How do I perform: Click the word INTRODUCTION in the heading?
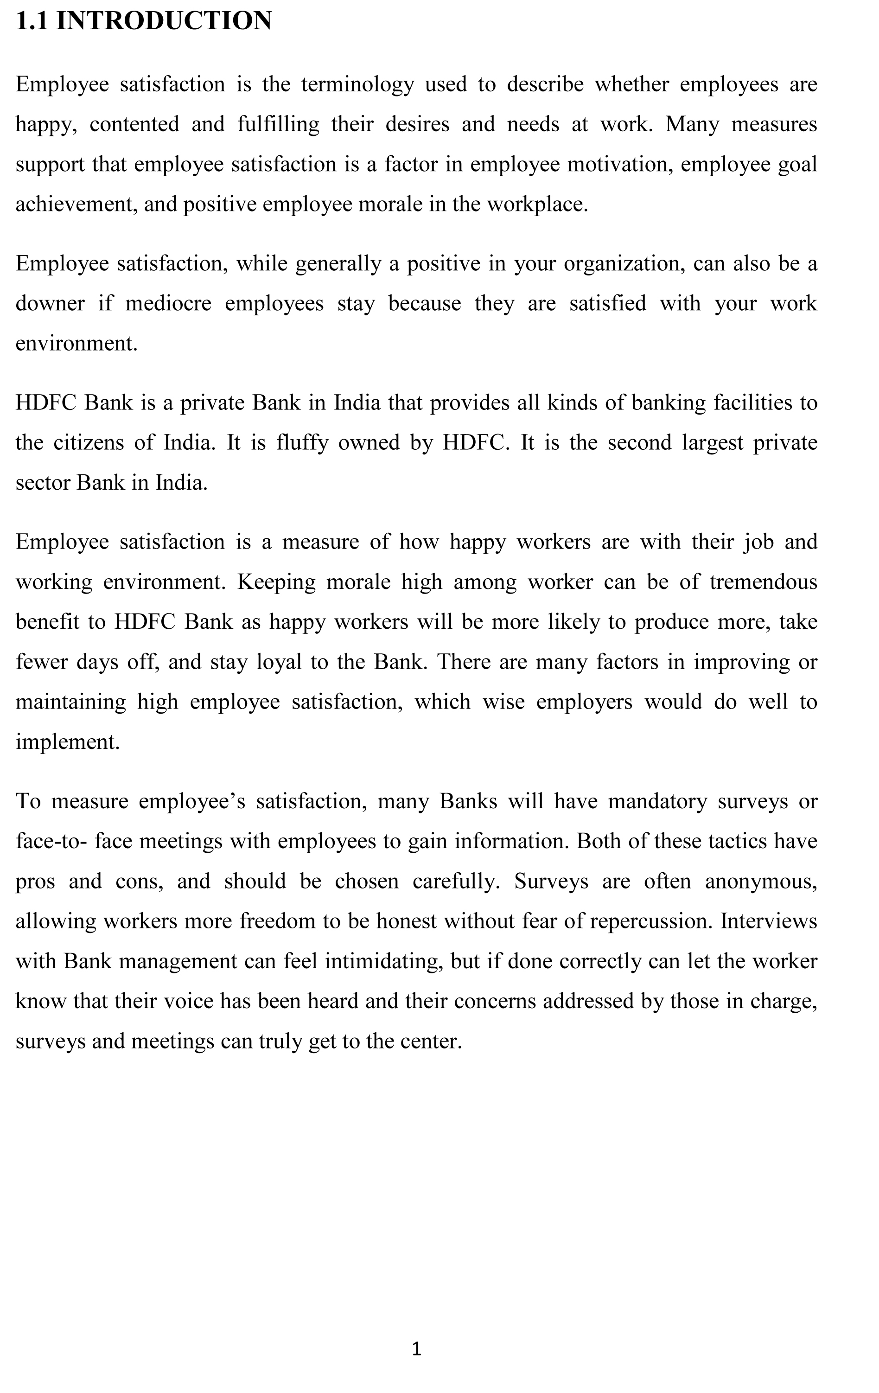coord(164,21)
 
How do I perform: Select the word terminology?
coord(357,85)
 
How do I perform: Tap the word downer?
coord(50,304)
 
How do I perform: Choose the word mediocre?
coord(168,304)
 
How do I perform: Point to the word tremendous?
coord(764,582)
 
